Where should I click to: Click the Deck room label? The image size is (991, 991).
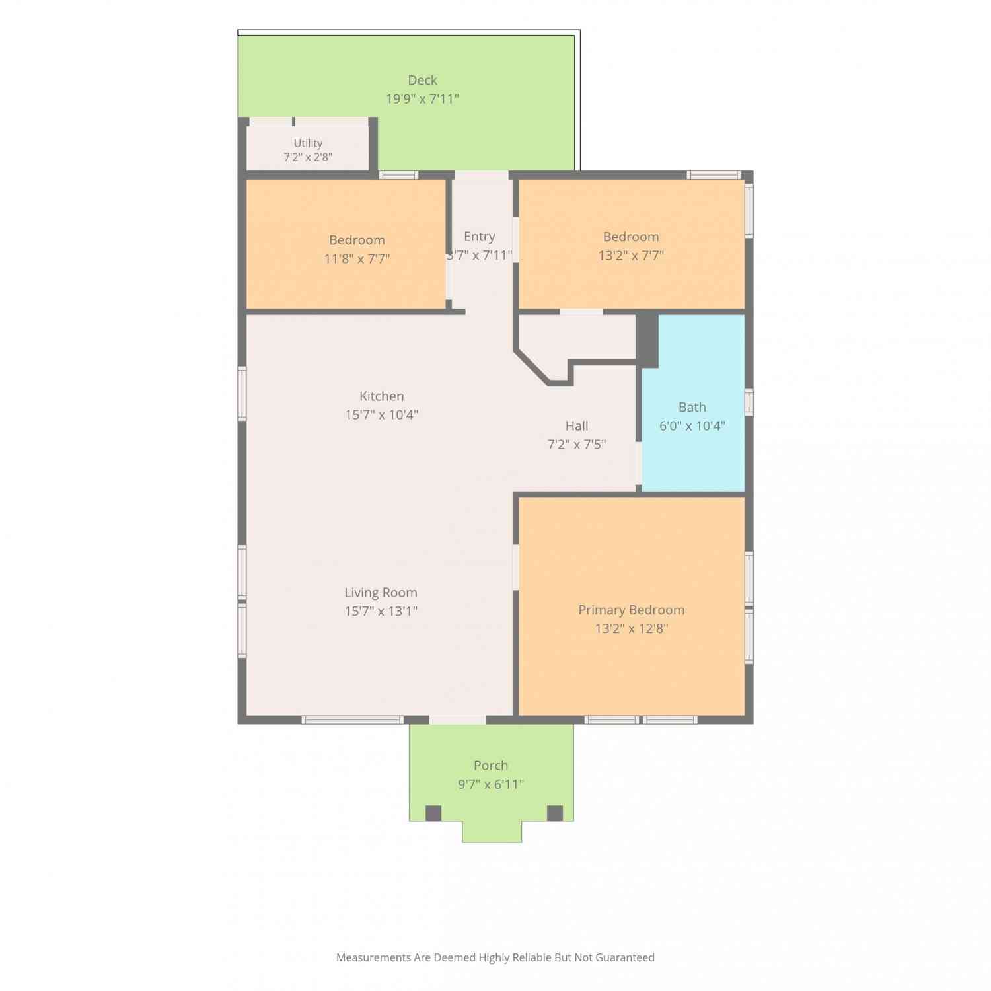(422, 80)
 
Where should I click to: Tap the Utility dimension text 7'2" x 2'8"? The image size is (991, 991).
(308, 157)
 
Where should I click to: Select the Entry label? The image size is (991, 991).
(479, 237)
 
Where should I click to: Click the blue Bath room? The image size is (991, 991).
(693, 403)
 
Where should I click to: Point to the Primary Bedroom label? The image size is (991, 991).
(631, 610)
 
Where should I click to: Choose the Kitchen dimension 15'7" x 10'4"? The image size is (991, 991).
(381, 415)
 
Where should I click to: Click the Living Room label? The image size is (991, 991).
(381, 593)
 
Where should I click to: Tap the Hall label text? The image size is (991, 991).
(577, 426)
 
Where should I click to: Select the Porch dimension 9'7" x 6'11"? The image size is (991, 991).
(491, 784)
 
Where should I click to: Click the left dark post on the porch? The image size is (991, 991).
(433, 813)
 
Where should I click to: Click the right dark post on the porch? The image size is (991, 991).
(555, 813)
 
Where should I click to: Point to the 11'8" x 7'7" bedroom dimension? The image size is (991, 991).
(357, 259)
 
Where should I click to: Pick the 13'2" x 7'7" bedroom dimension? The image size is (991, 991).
(631, 256)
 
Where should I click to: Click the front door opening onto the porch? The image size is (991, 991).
(458, 719)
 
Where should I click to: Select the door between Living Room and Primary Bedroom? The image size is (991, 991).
(516, 567)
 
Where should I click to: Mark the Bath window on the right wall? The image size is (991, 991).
(749, 402)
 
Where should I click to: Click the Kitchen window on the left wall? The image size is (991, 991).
(242, 393)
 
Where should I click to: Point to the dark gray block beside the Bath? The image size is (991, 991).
(647, 340)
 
